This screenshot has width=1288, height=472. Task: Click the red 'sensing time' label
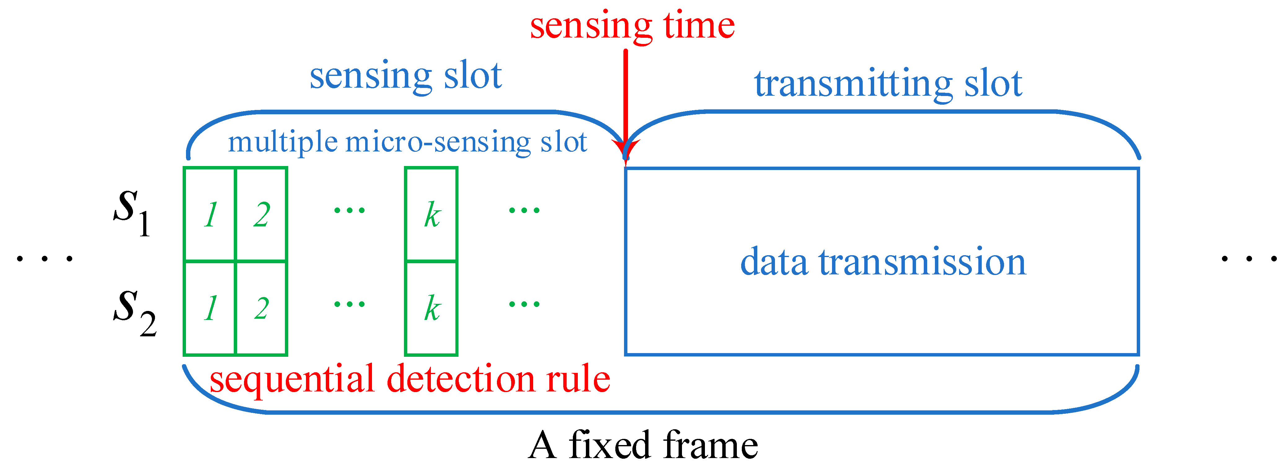click(x=632, y=26)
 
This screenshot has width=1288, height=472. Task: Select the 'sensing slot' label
click(x=405, y=76)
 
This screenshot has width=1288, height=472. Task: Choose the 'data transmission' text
click(x=883, y=262)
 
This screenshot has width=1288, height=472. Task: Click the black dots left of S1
click(x=45, y=259)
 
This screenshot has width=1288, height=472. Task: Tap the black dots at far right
click(x=1249, y=259)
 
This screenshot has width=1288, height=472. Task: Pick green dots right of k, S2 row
click(x=524, y=304)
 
